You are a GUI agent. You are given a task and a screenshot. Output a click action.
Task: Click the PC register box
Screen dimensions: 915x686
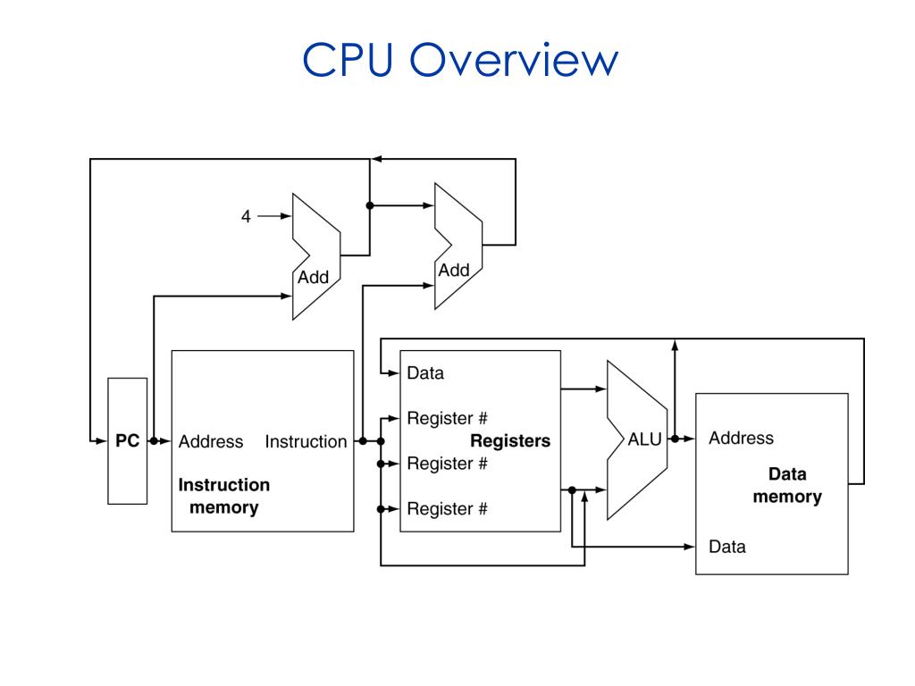[x=127, y=441]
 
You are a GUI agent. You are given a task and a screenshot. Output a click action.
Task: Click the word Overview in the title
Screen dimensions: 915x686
[x=514, y=60]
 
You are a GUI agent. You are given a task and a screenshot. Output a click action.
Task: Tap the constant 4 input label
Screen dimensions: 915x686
[x=247, y=216]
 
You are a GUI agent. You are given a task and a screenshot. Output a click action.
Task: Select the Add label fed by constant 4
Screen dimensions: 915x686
[x=314, y=277]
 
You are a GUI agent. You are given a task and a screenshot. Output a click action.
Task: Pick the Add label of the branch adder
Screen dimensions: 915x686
[x=454, y=270]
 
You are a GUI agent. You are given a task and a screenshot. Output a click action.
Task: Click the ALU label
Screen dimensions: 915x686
[x=645, y=439]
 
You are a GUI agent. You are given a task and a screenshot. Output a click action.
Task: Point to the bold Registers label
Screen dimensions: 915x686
[x=510, y=441]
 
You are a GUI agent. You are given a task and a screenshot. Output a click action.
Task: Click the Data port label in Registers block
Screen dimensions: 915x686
[x=425, y=373]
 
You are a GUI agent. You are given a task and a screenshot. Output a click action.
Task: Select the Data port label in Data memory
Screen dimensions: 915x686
[x=727, y=547]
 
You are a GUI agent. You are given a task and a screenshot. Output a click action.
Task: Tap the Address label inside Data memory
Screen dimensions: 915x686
[x=741, y=438]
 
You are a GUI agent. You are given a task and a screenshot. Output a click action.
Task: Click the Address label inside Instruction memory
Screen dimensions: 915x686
[x=211, y=441]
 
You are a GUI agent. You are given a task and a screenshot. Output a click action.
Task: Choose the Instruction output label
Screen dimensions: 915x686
[x=306, y=441]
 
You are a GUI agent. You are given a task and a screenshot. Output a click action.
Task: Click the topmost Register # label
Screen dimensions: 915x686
[x=447, y=418]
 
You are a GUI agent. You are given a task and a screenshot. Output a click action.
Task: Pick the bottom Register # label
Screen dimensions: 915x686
[x=447, y=508]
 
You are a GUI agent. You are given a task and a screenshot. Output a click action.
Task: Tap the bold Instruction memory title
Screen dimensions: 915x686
[x=224, y=496]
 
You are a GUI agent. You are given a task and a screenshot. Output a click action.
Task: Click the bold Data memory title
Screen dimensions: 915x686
[x=787, y=485]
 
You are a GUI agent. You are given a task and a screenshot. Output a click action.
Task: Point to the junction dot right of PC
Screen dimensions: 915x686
[x=154, y=441]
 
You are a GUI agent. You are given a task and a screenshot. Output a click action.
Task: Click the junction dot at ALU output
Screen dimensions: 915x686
[x=676, y=439]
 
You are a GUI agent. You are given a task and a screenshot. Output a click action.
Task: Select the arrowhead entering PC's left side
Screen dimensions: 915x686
[x=102, y=441]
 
